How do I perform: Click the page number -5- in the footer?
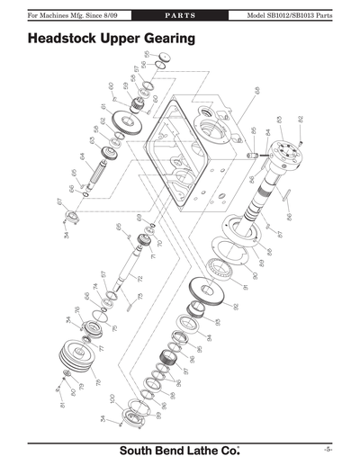328,448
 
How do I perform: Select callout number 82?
301,119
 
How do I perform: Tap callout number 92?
236,306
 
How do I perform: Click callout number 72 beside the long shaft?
139,279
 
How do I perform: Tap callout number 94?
208,337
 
